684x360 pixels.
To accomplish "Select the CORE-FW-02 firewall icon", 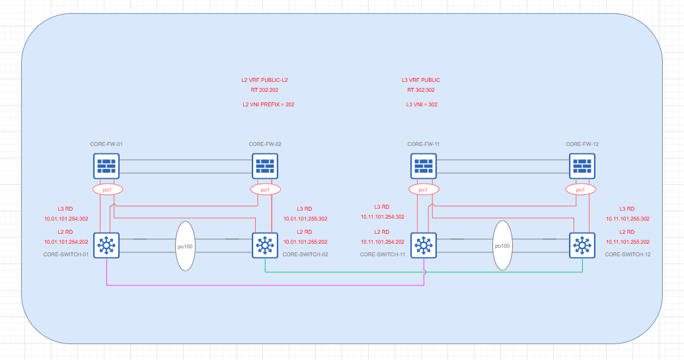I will click(264, 166).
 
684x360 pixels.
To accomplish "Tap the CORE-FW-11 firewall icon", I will click(423, 166).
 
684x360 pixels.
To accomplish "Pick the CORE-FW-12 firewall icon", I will click(582, 166).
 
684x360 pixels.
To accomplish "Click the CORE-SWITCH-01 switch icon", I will click(106, 245).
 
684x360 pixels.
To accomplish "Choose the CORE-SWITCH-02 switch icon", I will click(264, 245).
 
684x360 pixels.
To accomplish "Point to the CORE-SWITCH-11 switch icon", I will click(423, 245).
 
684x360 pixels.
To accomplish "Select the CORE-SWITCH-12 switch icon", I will click(582, 245).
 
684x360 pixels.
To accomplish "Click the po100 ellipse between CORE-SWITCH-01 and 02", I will click(186, 246).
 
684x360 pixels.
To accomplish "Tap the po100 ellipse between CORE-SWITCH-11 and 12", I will click(502, 246).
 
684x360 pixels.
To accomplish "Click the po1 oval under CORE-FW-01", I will click(106, 190).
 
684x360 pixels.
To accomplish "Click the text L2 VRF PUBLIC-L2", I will click(264, 80).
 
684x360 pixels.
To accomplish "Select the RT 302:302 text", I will click(421, 90).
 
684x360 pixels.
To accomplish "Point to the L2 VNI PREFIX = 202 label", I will click(268, 104).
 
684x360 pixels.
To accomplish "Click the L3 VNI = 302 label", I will click(421, 104).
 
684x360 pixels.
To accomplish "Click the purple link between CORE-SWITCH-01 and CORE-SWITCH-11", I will click(264, 285).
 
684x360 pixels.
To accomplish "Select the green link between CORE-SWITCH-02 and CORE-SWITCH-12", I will click(423, 272).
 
